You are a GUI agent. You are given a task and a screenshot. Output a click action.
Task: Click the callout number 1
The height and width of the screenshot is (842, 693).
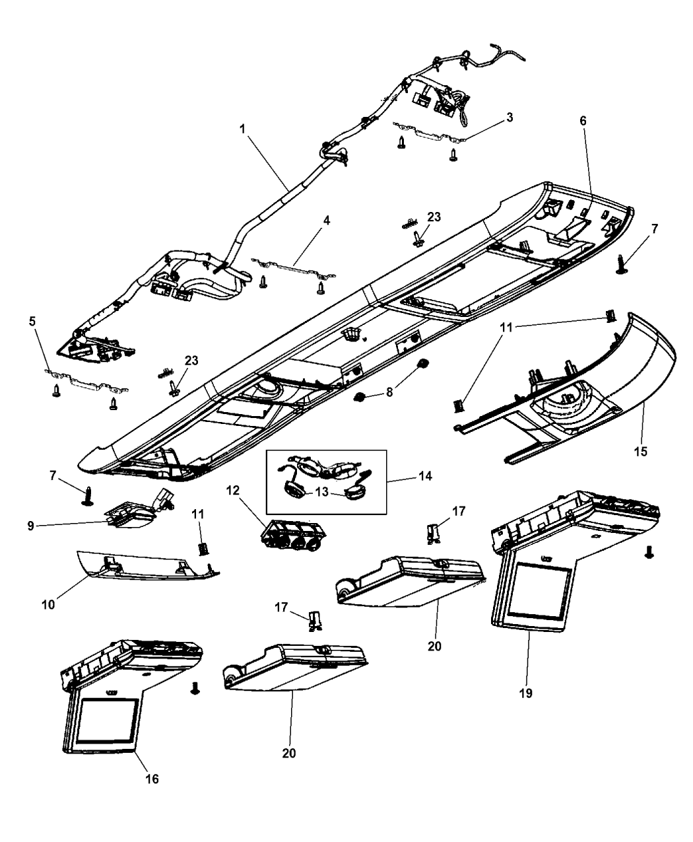click(242, 129)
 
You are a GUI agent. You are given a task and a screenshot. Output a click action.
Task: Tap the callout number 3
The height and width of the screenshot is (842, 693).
click(510, 118)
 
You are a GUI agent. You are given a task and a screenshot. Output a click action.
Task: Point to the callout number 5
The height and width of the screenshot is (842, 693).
click(32, 322)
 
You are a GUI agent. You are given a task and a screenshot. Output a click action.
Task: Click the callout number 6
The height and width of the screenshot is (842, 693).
click(583, 121)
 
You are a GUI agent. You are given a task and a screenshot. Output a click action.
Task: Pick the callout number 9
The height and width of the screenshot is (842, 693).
click(30, 526)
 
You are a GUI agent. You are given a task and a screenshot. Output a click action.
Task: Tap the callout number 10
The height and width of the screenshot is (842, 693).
click(48, 605)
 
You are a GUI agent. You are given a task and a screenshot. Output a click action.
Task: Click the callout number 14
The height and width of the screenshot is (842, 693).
click(425, 476)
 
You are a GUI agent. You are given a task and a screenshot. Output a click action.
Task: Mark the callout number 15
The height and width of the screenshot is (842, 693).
click(640, 451)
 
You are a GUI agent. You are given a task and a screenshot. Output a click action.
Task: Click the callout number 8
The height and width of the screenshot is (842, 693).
click(389, 392)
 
